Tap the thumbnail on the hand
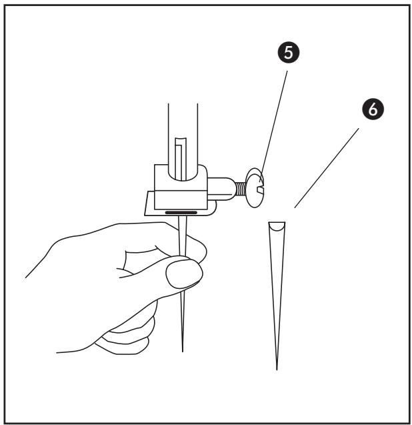pos(183,274)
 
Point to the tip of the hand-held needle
pos(183,346)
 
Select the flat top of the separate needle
pos(277,222)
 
